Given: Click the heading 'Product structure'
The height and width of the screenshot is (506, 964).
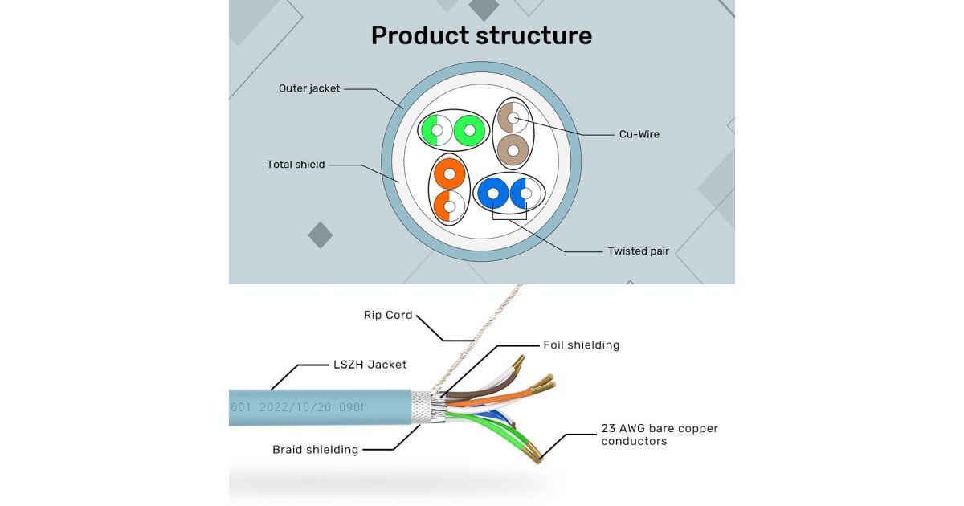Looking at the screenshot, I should click(x=481, y=35).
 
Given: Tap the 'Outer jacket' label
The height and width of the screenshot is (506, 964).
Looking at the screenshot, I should click(x=309, y=88).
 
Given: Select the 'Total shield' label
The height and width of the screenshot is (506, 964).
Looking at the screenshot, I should click(x=296, y=165).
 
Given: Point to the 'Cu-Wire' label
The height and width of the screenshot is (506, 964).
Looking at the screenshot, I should click(x=639, y=134).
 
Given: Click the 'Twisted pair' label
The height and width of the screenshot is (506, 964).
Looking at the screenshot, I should click(x=638, y=251).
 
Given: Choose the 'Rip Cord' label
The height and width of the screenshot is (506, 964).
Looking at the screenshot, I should click(x=388, y=315).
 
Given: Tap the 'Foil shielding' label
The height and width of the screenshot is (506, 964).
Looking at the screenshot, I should click(x=581, y=345).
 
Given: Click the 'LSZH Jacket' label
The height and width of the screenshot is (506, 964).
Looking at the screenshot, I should click(x=370, y=365).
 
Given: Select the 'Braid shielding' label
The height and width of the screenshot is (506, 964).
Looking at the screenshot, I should click(x=315, y=450).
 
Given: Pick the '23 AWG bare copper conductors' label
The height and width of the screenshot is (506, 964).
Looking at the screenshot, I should click(x=659, y=435).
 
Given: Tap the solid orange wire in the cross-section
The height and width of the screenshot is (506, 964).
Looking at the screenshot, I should click(x=450, y=173).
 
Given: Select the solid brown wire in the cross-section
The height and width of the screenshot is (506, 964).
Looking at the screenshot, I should click(x=513, y=149).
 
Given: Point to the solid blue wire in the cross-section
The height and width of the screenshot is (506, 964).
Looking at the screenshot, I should click(x=492, y=194).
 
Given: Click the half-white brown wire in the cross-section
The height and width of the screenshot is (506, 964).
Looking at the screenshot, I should click(x=512, y=118).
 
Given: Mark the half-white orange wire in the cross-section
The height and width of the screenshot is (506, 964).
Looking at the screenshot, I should click(x=449, y=207).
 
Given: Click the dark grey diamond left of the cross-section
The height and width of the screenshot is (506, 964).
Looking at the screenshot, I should click(x=320, y=235).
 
